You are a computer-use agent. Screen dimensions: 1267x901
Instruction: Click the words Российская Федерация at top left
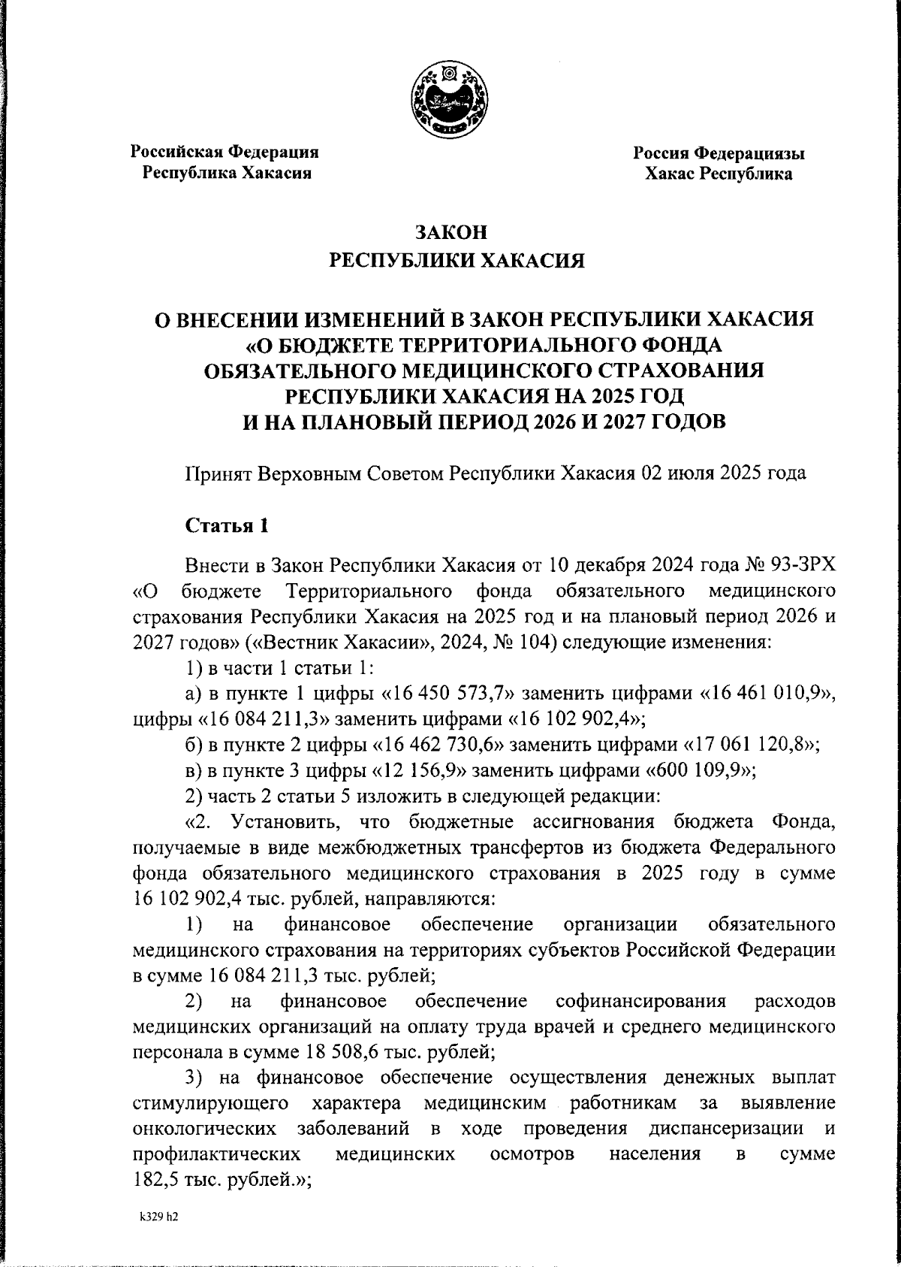click(x=225, y=152)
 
